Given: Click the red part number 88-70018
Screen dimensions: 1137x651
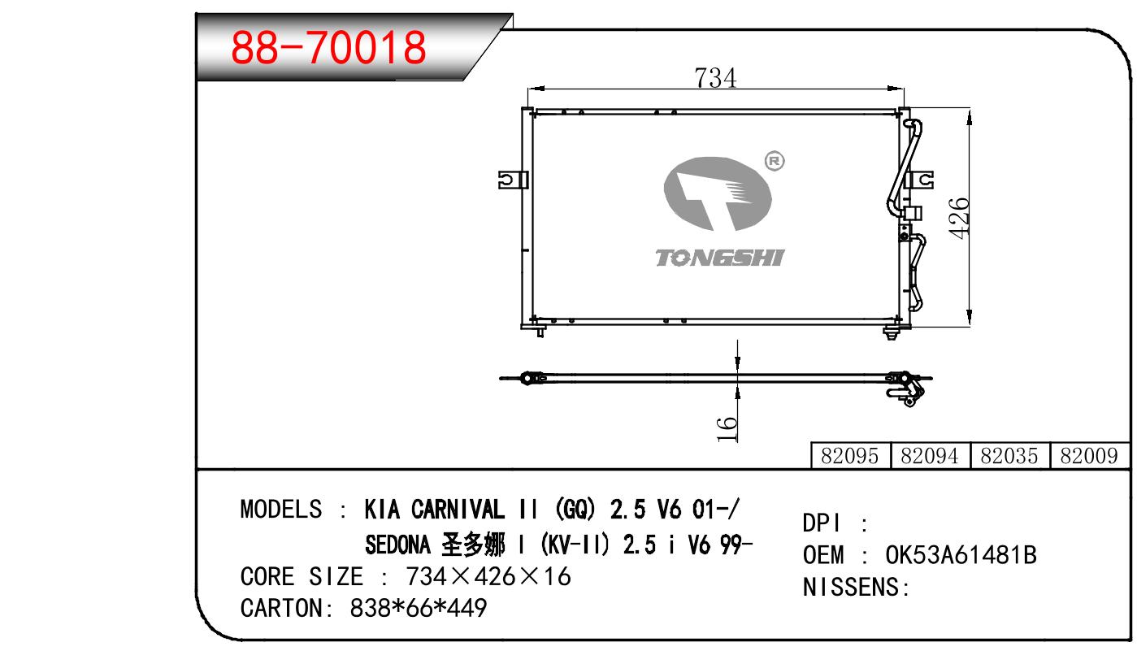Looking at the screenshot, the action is [x=328, y=47].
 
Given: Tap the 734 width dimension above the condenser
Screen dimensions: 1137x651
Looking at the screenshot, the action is [x=715, y=78].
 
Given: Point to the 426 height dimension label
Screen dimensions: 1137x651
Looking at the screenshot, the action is [x=959, y=218].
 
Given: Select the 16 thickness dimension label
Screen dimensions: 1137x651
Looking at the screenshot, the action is [x=727, y=429].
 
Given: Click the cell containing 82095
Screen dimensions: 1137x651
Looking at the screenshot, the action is [x=851, y=456].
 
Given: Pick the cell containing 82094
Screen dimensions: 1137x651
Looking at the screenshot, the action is [x=930, y=456].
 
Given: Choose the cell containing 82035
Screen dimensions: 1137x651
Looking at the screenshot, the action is [x=1009, y=456].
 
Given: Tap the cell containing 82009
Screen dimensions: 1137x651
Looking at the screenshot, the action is [x=1089, y=456].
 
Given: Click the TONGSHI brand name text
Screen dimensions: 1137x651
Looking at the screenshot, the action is [x=720, y=258].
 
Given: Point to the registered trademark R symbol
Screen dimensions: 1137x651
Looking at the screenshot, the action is [x=775, y=162].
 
